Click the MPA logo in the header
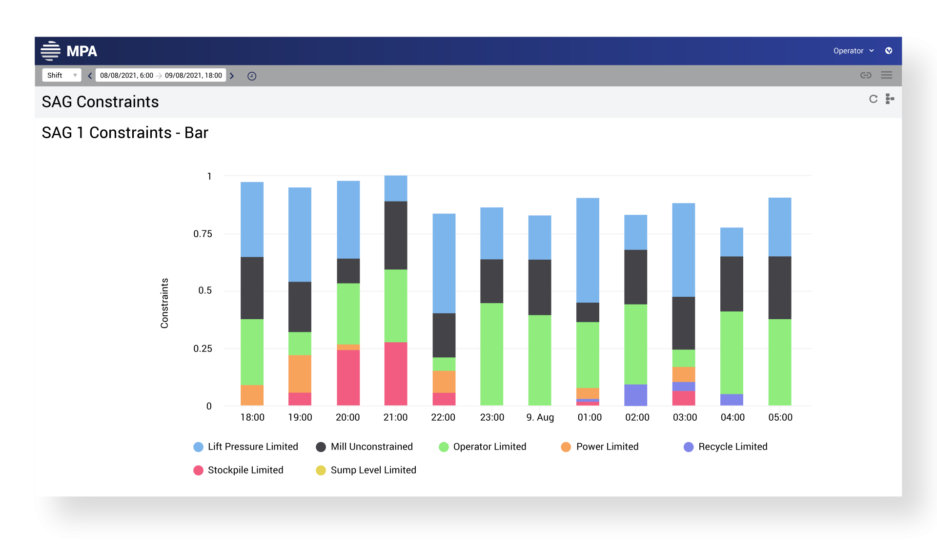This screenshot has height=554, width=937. (x=69, y=51)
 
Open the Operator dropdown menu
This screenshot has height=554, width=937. (x=853, y=51)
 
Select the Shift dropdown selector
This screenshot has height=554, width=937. (x=61, y=75)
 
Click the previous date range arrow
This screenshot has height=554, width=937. (x=90, y=76)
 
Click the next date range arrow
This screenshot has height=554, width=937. (x=232, y=76)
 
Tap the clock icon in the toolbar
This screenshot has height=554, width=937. (x=252, y=76)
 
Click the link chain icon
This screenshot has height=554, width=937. (x=866, y=75)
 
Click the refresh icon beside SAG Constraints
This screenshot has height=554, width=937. (x=873, y=99)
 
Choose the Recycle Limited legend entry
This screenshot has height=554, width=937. (x=726, y=447)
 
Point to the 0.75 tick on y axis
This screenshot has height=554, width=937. (x=203, y=234)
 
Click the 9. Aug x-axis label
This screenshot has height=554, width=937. (x=540, y=417)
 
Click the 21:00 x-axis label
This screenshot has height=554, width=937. (x=395, y=417)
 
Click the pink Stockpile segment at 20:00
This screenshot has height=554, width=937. (x=348, y=377)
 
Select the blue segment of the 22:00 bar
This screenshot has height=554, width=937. (x=444, y=263)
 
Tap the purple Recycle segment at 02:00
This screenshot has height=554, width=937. (x=635, y=395)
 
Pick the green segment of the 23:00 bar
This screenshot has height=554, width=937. (x=491, y=354)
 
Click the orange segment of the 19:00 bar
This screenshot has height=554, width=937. (x=300, y=373)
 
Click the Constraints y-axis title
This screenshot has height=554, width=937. (x=164, y=303)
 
